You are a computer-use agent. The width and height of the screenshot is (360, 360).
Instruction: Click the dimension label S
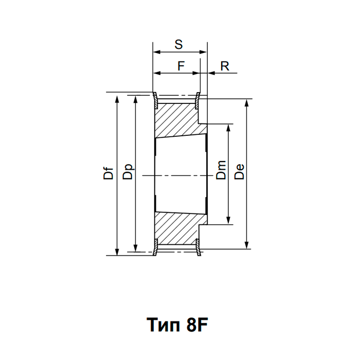[x=178, y=45]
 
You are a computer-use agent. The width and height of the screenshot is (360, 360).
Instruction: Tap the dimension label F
[x=181, y=65]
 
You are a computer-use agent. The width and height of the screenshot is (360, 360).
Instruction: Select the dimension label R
[x=224, y=65]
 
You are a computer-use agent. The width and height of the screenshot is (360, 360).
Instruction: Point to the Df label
[x=108, y=174]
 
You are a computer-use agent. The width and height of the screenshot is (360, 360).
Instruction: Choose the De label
[x=239, y=171]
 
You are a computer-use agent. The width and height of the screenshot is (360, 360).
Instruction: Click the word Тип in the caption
[x=165, y=325]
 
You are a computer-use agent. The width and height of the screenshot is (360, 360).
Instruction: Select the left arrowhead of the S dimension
[x=156, y=52]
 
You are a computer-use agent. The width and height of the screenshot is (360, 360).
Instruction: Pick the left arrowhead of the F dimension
[x=157, y=73]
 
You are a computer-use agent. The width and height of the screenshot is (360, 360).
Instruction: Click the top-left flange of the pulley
[x=155, y=100]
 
